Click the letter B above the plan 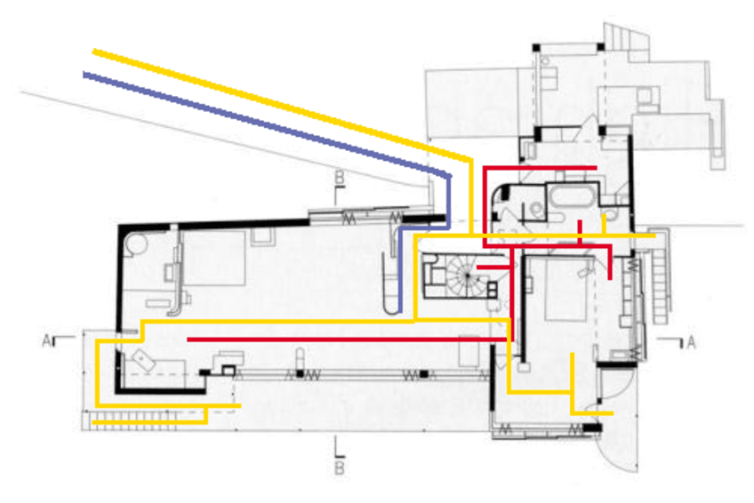(x=340, y=177)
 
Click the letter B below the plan (x=340, y=467)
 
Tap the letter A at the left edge (x=46, y=341)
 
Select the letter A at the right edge (x=691, y=342)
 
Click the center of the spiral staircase (x=467, y=275)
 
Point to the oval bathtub (x=573, y=197)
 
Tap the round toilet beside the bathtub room (x=537, y=209)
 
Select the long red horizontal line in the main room (x=347, y=339)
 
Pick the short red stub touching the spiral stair (x=493, y=267)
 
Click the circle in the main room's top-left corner (x=136, y=244)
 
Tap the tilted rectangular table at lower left (x=143, y=359)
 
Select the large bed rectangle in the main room (x=214, y=259)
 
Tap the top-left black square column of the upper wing (x=537, y=48)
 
